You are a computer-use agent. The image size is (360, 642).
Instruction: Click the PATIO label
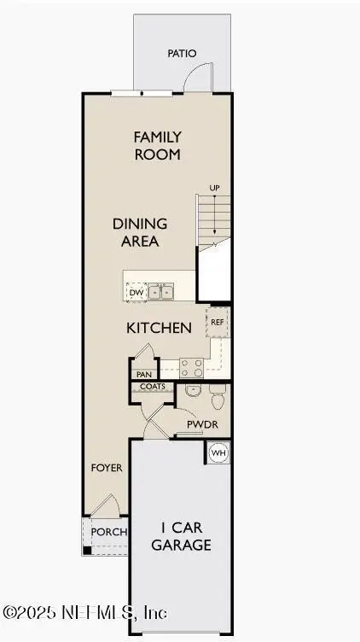(x=181, y=54)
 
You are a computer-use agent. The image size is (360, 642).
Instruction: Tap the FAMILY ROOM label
(x=157, y=145)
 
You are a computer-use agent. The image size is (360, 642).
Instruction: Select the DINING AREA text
(x=140, y=232)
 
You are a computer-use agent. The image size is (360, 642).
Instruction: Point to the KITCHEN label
(x=158, y=328)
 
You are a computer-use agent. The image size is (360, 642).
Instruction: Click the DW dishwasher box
(x=136, y=293)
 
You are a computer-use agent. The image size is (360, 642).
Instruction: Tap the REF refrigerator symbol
(x=217, y=322)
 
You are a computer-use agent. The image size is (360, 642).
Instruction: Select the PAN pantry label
(x=143, y=374)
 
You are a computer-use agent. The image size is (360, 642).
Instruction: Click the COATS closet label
(x=153, y=387)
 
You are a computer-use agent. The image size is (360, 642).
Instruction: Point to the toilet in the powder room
(x=217, y=398)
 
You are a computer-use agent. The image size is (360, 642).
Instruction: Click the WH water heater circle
(x=218, y=452)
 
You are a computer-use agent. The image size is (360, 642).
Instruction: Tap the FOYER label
(x=107, y=468)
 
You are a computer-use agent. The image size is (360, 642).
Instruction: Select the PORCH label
(x=109, y=532)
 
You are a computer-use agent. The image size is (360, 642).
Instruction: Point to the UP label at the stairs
(x=216, y=188)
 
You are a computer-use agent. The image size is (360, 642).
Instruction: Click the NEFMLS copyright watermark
(x=85, y=612)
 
